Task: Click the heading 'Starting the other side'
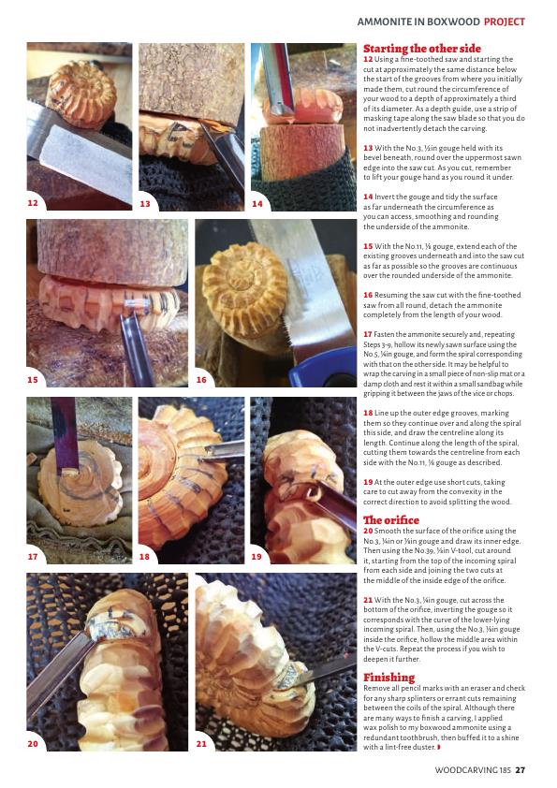click(422, 49)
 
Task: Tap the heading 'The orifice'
click(391, 520)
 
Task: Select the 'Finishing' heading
click(389, 677)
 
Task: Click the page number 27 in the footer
click(520, 770)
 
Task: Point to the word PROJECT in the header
click(505, 22)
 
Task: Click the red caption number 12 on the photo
click(33, 203)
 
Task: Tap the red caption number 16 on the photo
click(201, 380)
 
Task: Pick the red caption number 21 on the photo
click(201, 744)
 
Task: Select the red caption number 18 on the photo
click(144, 556)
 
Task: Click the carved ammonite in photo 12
click(81, 94)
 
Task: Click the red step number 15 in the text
click(368, 246)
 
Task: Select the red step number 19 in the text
click(368, 482)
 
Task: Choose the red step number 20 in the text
click(369, 531)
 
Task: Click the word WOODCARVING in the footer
click(466, 770)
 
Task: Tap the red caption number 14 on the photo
click(257, 203)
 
